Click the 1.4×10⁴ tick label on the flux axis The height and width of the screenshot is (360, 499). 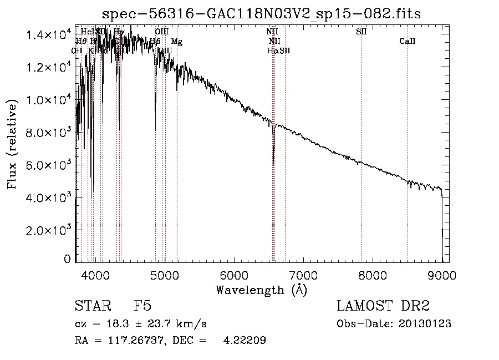49,35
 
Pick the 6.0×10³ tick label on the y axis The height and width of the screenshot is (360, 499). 49,165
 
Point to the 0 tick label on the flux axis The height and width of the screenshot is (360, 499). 68,259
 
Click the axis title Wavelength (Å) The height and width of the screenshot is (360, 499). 261,290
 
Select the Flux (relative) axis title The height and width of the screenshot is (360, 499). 12,143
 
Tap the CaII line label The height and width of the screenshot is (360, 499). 408,42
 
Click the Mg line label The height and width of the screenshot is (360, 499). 176,42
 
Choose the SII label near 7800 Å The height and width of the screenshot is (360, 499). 361,32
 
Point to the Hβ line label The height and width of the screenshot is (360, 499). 155,42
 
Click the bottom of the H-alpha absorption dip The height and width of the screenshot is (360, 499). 273,161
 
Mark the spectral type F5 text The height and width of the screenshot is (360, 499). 142,307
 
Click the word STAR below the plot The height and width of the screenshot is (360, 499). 91,307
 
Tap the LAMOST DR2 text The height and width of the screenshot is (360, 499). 383,307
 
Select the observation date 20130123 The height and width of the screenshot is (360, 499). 426,324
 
